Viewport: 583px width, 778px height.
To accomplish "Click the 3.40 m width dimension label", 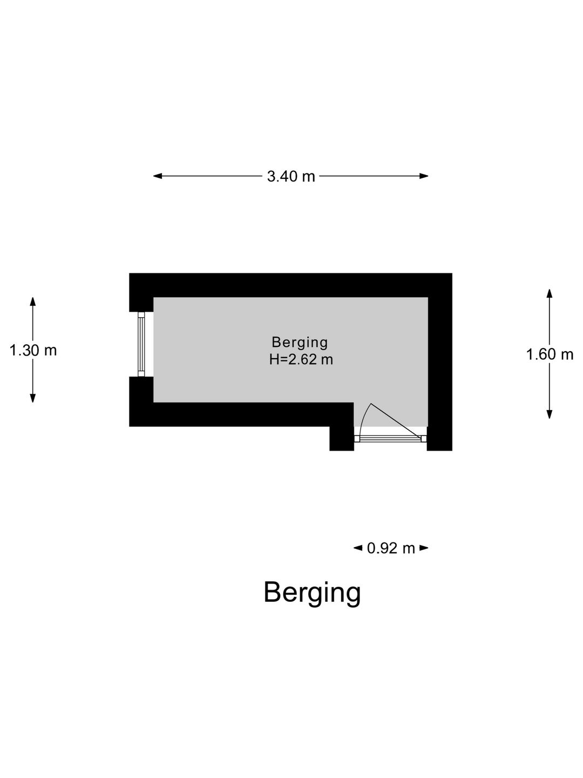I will pos(291,176).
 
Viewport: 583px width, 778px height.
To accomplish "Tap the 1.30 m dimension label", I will pos(33,351).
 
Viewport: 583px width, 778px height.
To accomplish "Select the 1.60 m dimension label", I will pos(550,355).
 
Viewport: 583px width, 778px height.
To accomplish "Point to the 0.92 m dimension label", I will pos(391,548).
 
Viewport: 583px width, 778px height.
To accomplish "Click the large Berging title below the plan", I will pos(312,592).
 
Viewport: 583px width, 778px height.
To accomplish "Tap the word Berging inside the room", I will pos(300,342).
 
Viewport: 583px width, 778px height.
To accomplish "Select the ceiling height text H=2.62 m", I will pos(301,359).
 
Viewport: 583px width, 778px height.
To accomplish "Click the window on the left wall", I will pos(141,344).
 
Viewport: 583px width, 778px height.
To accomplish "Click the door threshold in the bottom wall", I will pos(390,438).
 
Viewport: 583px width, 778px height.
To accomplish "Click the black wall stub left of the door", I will pos(342,438).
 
